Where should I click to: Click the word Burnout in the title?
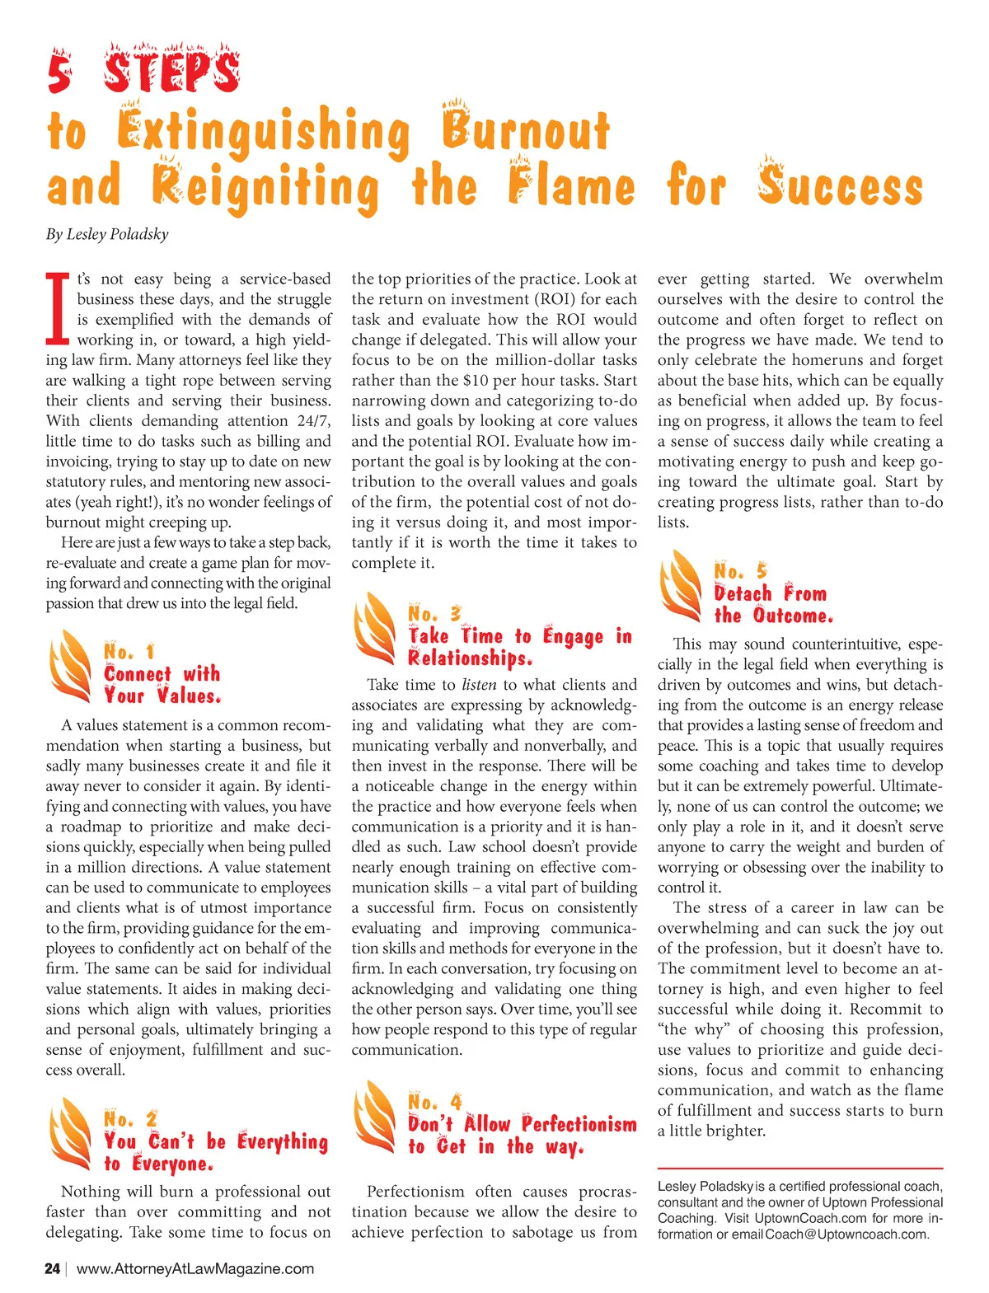coord(525,132)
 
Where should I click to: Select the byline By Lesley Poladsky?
coord(107,234)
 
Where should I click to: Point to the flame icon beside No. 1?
coord(70,666)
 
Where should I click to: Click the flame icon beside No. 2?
coord(70,1133)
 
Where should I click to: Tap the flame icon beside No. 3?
coord(375,628)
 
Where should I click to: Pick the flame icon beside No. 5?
coord(681,585)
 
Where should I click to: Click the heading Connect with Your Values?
coord(162,685)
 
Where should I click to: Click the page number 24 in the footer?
coord(52,1268)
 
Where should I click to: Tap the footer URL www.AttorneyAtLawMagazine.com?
coord(195,1268)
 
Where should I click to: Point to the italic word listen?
coord(479,685)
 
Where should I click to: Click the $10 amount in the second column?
coord(476,381)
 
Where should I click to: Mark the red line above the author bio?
coord(799,1169)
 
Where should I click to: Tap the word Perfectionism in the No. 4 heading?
coord(579,1124)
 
